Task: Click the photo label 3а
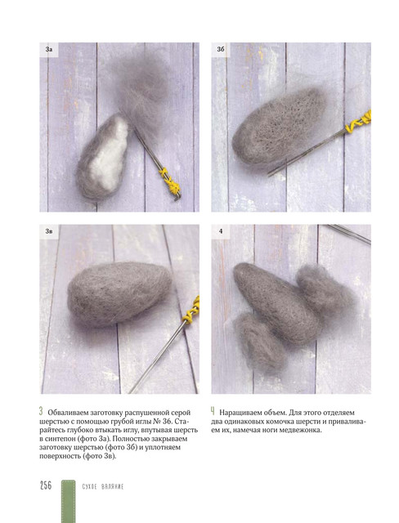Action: point(49,49)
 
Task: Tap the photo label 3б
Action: point(221,49)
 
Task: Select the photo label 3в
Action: point(49,231)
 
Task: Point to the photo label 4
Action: point(221,231)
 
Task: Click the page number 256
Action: point(46,485)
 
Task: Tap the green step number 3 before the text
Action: point(41,411)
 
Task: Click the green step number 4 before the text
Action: point(213,411)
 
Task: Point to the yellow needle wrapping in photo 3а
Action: point(170,182)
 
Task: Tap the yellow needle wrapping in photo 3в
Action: point(192,311)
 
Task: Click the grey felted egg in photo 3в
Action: point(119,293)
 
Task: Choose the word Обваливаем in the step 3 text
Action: point(68,413)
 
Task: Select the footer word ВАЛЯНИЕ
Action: point(112,487)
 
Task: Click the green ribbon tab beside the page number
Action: point(69,501)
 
